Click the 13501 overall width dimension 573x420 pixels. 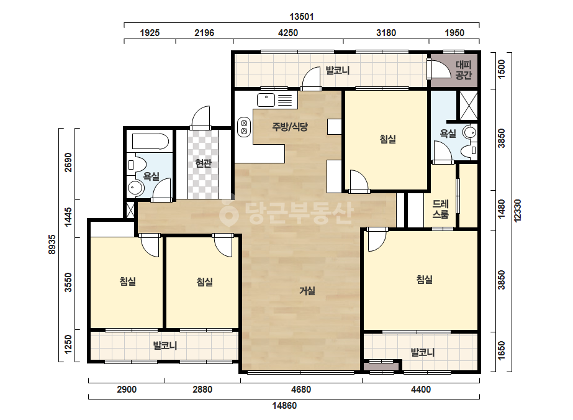pyautogui.click(x=302, y=17)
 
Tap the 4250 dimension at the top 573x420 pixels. pyautogui.click(x=288, y=33)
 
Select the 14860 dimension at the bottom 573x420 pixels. pyautogui.click(x=284, y=405)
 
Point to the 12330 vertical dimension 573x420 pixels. pyautogui.click(x=518, y=211)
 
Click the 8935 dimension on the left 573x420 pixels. pyautogui.click(x=52, y=244)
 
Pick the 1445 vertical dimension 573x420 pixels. pyautogui.click(x=68, y=217)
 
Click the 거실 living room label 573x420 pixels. pyautogui.click(x=307, y=291)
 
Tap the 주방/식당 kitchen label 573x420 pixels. pyautogui.click(x=290, y=127)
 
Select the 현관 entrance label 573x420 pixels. pyautogui.click(x=203, y=163)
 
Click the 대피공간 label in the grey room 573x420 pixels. pyautogui.click(x=464, y=70)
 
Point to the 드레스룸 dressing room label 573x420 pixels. pyautogui.click(x=440, y=209)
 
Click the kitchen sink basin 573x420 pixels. pyautogui.click(x=266, y=99)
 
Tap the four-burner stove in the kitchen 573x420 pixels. pyautogui.click(x=244, y=127)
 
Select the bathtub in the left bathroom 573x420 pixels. pyautogui.click(x=150, y=142)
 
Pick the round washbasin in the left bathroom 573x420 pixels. pyautogui.click(x=135, y=188)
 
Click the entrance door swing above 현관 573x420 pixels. pyautogui.click(x=201, y=117)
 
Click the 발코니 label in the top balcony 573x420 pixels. pyautogui.click(x=337, y=70)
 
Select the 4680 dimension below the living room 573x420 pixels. pyautogui.click(x=301, y=390)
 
